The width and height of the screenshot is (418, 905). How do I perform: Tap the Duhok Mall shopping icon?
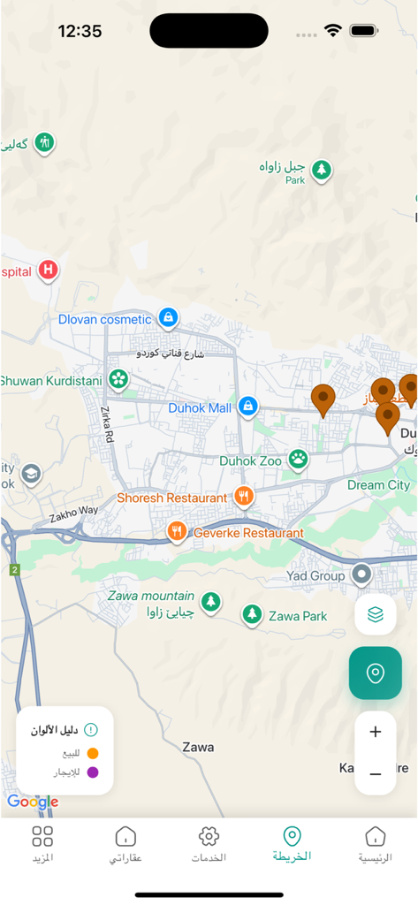(x=248, y=407)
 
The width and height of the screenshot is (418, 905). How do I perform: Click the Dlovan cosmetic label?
(x=105, y=319)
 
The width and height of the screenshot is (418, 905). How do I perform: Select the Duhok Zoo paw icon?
(x=299, y=459)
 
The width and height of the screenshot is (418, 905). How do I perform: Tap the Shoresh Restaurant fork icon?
(x=244, y=497)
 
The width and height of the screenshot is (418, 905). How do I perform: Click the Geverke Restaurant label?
(x=248, y=533)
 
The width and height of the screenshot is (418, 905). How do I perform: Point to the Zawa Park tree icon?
(x=253, y=614)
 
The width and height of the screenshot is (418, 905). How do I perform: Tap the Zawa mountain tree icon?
(x=210, y=603)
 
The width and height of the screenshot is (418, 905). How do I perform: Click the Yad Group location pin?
(x=361, y=575)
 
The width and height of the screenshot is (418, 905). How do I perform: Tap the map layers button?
(x=376, y=614)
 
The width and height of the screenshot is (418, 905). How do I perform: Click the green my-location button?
(x=376, y=673)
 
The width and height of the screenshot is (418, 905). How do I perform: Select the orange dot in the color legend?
(x=93, y=753)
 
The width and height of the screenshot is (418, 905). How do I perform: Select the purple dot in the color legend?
(x=93, y=772)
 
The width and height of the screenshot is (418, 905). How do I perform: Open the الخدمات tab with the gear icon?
(x=209, y=844)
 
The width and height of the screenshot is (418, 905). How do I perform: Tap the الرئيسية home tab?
(x=376, y=844)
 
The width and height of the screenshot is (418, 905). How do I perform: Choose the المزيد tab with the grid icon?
(x=42, y=844)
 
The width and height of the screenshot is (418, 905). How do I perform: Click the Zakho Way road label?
(x=74, y=513)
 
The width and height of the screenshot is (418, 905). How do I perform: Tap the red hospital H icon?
(x=48, y=270)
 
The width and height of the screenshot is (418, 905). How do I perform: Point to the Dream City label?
(x=378, y=485)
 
